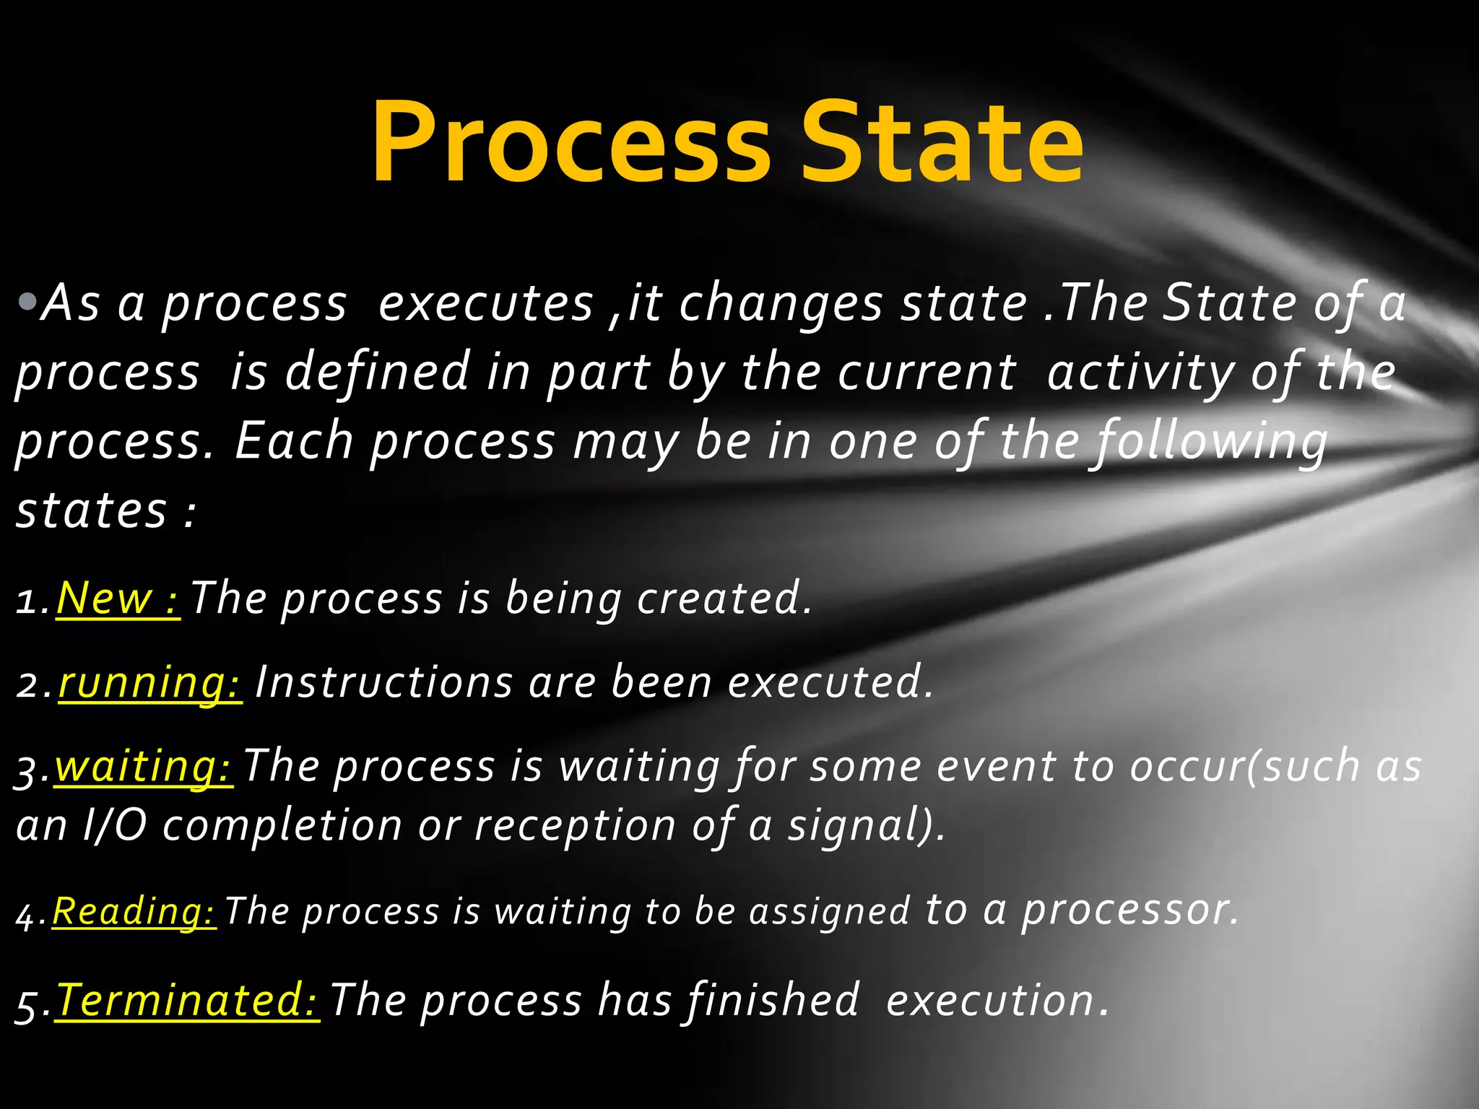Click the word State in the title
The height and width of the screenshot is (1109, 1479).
point(942,143)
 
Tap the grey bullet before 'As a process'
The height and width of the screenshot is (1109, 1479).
point(27,302)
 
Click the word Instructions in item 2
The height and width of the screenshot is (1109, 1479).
point(383,682)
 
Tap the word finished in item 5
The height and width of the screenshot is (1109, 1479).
point(773,1001)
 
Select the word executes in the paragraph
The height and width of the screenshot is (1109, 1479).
point(485,303)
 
